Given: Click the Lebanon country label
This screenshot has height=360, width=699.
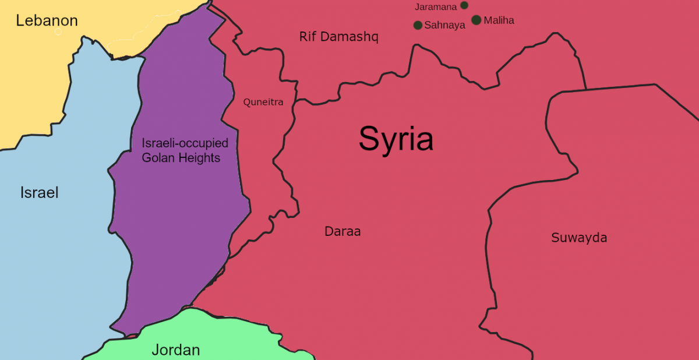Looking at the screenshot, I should (47, 21).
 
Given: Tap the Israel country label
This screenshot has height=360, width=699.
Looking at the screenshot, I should (40, 193).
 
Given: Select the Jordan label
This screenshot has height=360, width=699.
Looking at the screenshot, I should (175, 350).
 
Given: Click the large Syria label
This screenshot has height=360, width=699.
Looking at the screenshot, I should (396, 139).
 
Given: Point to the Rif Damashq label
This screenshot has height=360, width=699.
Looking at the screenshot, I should (338, 37).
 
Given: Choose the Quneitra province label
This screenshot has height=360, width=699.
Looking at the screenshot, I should (263, 103).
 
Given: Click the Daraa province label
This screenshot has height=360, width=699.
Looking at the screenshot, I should (343, 232).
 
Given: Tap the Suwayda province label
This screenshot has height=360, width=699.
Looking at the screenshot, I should (579, 238).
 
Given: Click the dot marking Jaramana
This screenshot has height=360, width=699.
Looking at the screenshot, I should (464, 5).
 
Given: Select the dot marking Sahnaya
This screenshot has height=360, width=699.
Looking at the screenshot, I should (418, 25).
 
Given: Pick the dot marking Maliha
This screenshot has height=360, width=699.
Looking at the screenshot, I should (476, 20).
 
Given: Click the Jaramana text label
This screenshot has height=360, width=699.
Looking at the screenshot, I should (436, 8).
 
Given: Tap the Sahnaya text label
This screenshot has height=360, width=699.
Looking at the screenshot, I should (445, 26).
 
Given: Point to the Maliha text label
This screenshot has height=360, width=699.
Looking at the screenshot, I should (499, 21).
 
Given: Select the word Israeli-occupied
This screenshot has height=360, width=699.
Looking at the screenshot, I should (185, 143).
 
